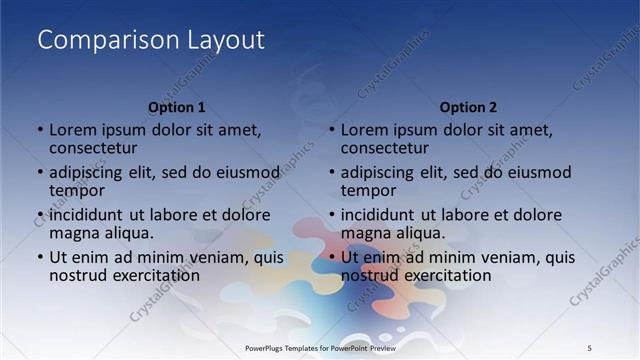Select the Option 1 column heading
[177, 107]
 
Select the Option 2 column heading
[468, 107]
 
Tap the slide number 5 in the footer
[589, 347]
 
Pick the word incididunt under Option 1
[84, 215]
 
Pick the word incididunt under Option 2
[376, 215]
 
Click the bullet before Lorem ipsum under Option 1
[40, 131]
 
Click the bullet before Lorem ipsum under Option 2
[332, 131]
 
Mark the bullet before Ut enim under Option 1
[40, 257]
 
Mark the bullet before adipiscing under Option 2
[332, 173]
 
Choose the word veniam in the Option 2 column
[508, 257]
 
